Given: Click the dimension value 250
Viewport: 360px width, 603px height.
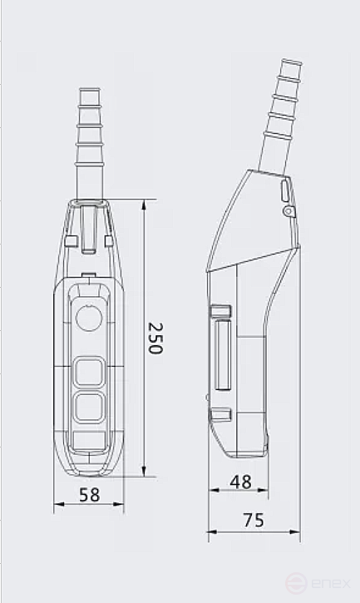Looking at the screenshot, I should coord(155,338).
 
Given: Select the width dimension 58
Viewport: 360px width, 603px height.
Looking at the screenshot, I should coord(89,495).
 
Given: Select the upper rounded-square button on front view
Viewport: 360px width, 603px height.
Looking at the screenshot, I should coord(88,372).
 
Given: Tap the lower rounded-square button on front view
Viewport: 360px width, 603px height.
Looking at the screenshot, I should coord(88,408).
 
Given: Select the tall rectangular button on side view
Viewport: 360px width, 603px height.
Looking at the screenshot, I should coord(222,358).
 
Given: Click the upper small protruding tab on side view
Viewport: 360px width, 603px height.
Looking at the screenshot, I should coord(219,312).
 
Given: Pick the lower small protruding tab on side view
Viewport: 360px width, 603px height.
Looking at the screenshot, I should coord(219,413).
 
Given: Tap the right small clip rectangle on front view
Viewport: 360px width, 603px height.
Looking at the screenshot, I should coord(108,241).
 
